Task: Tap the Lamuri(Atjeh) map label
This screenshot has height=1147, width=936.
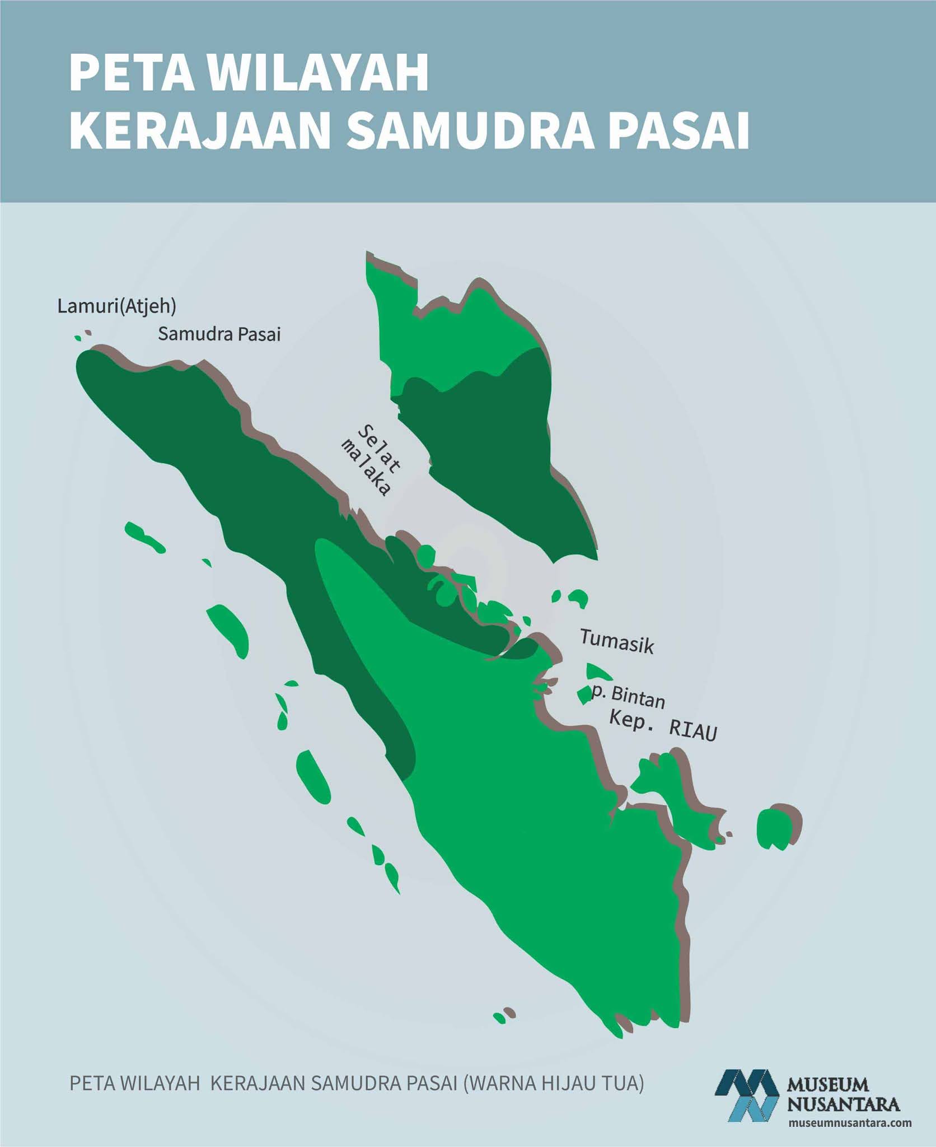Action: [x=117, y=306]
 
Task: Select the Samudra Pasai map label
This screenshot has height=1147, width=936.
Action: [x=219, y=334]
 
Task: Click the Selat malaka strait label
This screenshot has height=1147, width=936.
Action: [x=371, y=460]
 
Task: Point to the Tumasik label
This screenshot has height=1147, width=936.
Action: [x=616, y=641]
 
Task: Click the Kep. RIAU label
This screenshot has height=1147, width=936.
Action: [x=663, y=726]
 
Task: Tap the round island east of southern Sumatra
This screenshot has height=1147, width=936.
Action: [x=775, y=827]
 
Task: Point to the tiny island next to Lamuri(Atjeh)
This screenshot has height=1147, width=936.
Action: [x=78, y=338]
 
